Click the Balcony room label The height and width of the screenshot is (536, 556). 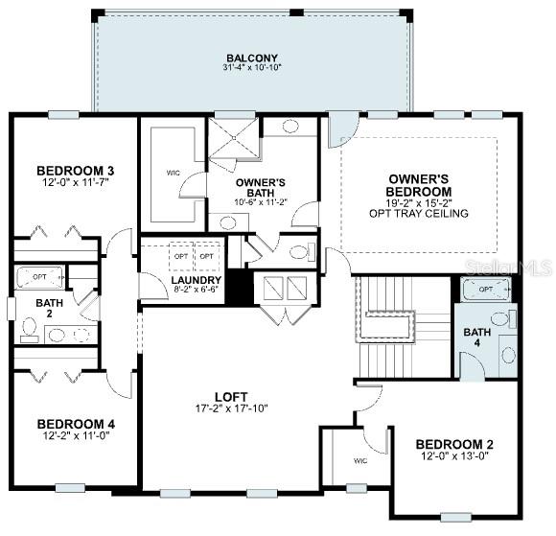[x=252, y=58]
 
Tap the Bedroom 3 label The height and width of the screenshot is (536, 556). [x=75, y=171]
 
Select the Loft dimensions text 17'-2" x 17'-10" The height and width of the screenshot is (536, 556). [x=232, y=408]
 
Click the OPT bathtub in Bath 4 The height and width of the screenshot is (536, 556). [x=485, y=290]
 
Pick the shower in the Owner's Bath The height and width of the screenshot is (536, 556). [x=234, y=137]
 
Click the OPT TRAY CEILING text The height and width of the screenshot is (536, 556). [x=418, y=213]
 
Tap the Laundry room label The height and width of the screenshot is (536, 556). [x=197, y=280]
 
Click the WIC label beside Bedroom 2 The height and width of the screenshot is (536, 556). [x=360, y=461]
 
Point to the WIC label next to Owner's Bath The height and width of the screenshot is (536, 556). [x=174, y=173]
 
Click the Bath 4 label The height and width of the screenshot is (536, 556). [x=477, y=338]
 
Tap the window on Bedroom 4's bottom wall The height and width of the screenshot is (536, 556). [x=70, y=488]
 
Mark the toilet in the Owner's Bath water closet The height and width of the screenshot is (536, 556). [x=303, y=251]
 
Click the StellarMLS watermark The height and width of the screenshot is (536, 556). [x=509, y=268]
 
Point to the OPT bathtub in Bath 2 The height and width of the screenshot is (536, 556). [x=39, y=277]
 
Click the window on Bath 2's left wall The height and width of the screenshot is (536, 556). [x=12, y=309]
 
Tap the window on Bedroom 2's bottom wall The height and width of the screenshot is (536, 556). [x=455, y=518]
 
